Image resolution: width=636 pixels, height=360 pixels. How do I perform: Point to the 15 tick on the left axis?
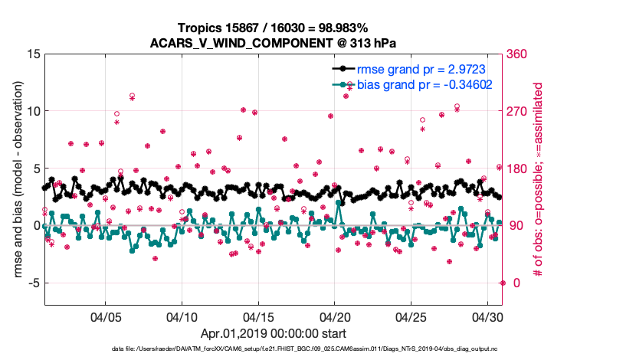(33, 54)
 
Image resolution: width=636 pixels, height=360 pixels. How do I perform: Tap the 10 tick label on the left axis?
(33, 111)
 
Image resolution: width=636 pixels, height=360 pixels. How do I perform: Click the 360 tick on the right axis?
(516, 54)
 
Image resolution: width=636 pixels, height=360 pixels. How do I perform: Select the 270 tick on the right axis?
(516, 111)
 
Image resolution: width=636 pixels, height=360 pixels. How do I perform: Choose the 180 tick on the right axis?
(516, 169)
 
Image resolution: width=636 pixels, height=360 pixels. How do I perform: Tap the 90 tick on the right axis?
(513, 225)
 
